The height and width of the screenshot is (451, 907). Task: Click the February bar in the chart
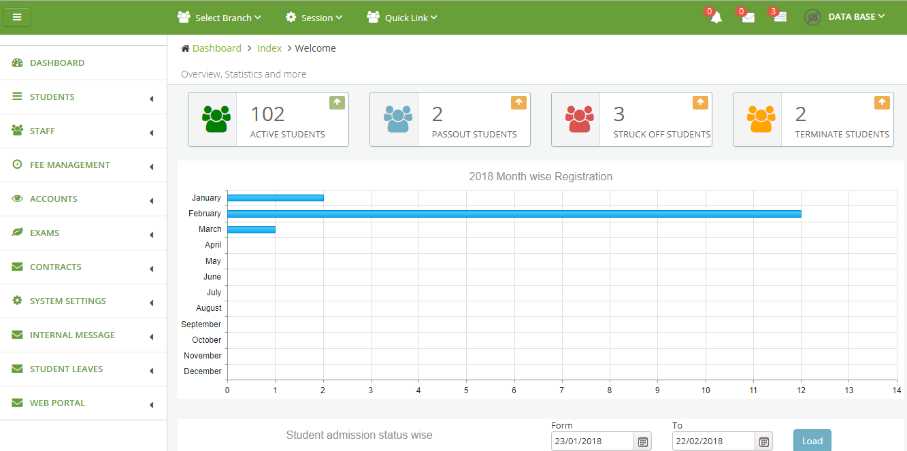(x=514, y=214)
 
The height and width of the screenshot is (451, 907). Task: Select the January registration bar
(x=275, y=198)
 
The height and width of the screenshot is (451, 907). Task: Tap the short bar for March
(x=251, y=229)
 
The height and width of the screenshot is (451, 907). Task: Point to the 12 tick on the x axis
(x=801, y=390)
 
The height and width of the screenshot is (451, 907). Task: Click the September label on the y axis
(x=201, y=324)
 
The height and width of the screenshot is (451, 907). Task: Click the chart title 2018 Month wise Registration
(x=540, y=177)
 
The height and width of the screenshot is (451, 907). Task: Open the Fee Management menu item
(x=69, y=165)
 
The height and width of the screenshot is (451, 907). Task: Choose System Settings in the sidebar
(x=67, y=301)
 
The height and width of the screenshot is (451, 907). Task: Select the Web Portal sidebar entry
(x=57, y=403)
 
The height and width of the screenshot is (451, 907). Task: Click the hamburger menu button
(x=17, y=18)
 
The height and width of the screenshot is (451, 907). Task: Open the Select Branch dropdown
(x=219, y=18)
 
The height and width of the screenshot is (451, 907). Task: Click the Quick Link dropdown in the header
(x=401, y=18)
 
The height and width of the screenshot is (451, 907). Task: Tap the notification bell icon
(x=716, y=18)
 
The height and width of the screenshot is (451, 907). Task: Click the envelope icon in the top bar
(x=748, y=18)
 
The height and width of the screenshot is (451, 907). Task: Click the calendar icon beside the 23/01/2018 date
(x=642, y=441)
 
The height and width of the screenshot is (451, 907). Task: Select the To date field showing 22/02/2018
(x=713, y=441)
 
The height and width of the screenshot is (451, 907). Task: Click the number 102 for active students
(x=267, y=114)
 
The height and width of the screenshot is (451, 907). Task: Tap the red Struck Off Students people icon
(x=579, y=119)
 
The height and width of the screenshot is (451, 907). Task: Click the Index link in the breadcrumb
(x=269, y=48)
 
